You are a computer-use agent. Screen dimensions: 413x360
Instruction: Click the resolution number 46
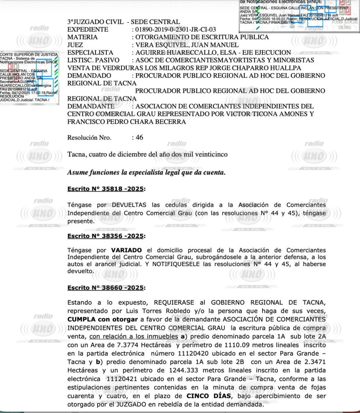pos(139,138)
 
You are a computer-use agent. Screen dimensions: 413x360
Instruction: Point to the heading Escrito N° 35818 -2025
pos(106,189)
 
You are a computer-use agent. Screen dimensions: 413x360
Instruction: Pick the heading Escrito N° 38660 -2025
pos(106,288)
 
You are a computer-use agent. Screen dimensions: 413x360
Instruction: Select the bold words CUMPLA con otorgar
pos(102,319)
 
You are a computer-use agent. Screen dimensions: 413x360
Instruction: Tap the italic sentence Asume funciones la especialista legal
pos(146,172)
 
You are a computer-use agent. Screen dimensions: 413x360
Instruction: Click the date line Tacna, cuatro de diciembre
pos(147,154)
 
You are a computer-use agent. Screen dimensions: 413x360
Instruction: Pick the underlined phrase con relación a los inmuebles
pos(134,336)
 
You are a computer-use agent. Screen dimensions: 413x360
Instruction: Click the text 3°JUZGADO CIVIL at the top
pos(95,22)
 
